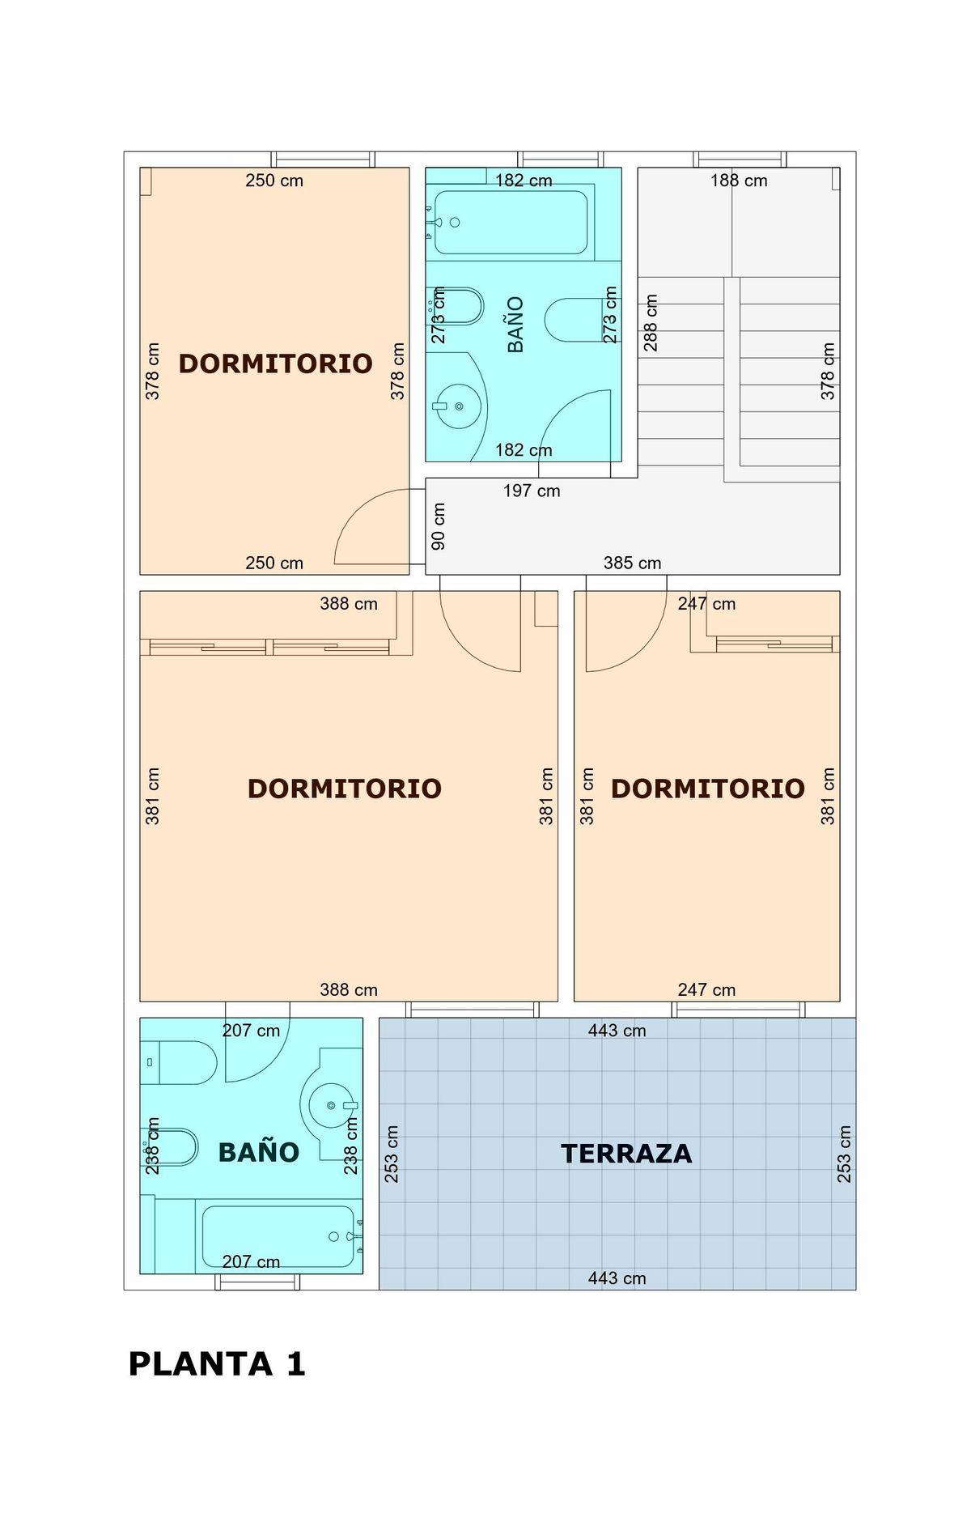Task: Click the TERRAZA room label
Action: click(x=626, y=1153)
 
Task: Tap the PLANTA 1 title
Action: click(x=217, y=1364)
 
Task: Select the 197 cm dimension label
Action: click(x=532, y=491)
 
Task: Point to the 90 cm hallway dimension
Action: click(x=439, y=526)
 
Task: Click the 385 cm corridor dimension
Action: click(x=632, y=563)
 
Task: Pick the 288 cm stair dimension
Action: click(x=651, y=322)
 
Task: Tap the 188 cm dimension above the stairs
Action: click(x=739, y=181)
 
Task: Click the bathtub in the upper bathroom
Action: click(x=511, y=223)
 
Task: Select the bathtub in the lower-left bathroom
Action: click(x=278, y=1236)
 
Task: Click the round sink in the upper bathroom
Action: click(x=459, y=406)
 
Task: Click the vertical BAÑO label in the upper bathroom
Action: click(x=515, y=324)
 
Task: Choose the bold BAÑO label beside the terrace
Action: click(x=259, y=1152)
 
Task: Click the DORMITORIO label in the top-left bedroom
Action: click(x=275, y=364)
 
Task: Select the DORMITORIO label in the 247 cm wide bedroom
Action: click(x=707, y=789)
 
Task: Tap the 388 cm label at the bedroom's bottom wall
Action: click(x=349, y=989)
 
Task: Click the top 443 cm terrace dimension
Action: click(x=617, y=1031)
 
